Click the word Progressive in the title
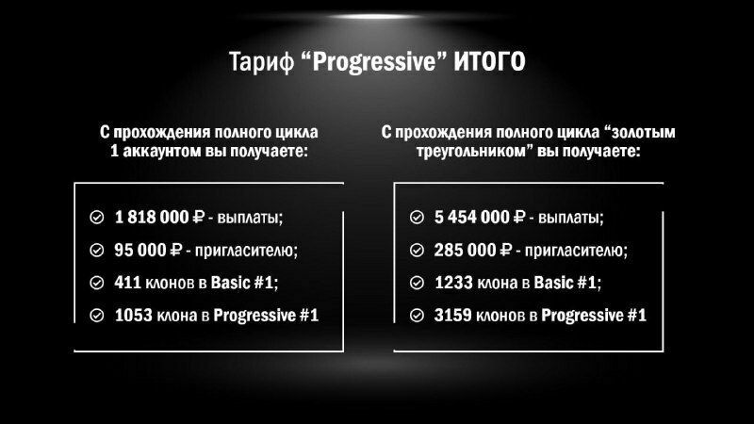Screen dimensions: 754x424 373,62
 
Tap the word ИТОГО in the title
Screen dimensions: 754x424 489,61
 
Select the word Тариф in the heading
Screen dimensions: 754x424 261,62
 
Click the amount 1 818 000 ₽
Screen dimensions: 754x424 159,218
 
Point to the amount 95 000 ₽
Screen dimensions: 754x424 148,250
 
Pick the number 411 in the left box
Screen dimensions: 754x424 127,283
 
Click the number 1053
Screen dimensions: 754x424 133,316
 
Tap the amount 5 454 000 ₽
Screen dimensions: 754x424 480,218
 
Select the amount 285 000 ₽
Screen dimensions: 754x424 473,250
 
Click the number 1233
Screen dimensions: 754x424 453,283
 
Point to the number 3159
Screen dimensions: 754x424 453,316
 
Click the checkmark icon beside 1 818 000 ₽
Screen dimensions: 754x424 97,218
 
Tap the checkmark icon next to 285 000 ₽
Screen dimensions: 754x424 417,250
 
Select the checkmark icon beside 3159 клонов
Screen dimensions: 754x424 417,316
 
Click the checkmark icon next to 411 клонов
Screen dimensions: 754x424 97,283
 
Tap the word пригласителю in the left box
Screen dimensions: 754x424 246,251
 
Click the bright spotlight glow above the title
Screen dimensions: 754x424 374,17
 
